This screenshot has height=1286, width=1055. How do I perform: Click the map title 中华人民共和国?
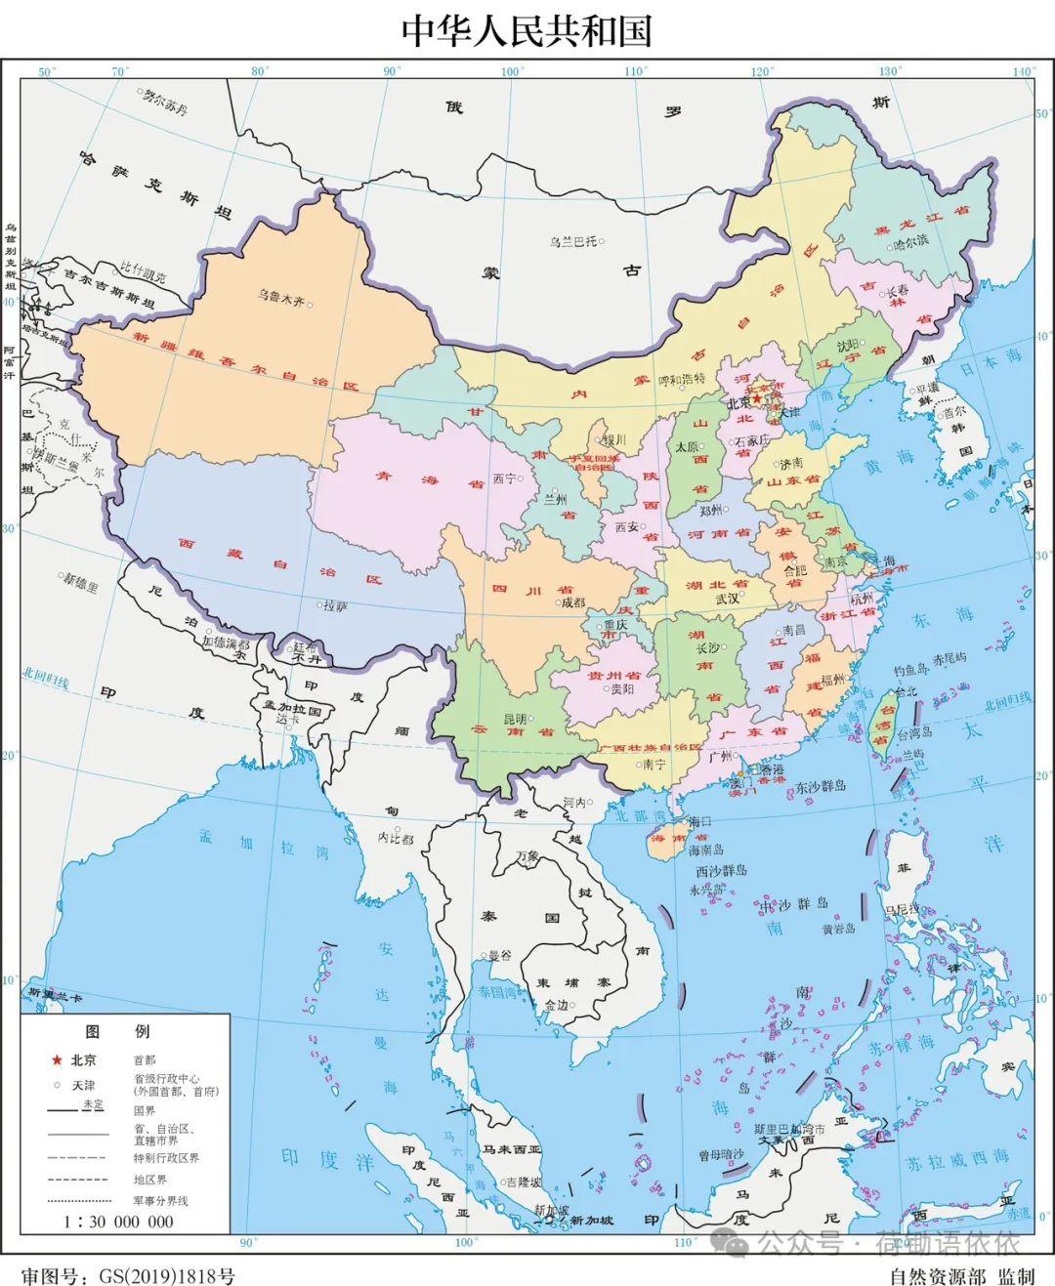tap(527, 30)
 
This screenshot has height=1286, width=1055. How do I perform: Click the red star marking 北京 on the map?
tap(757, 398)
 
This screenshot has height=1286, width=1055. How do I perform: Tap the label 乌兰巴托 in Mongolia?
tap(571, 241)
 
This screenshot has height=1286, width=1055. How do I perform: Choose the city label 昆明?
tap(514, 719)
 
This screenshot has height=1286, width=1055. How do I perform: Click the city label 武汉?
tap(728, 599)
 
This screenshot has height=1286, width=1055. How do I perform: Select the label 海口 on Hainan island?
tap(700, 822)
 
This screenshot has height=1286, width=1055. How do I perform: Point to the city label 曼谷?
tap(500, 955)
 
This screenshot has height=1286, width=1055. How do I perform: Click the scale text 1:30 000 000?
tap(118, 1222)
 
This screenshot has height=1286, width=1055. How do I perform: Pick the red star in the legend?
tap(57, 1059)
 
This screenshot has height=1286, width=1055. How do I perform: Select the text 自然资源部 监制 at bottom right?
tap(961, 1275)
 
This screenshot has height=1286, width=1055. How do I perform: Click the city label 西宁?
tap(504, 478)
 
